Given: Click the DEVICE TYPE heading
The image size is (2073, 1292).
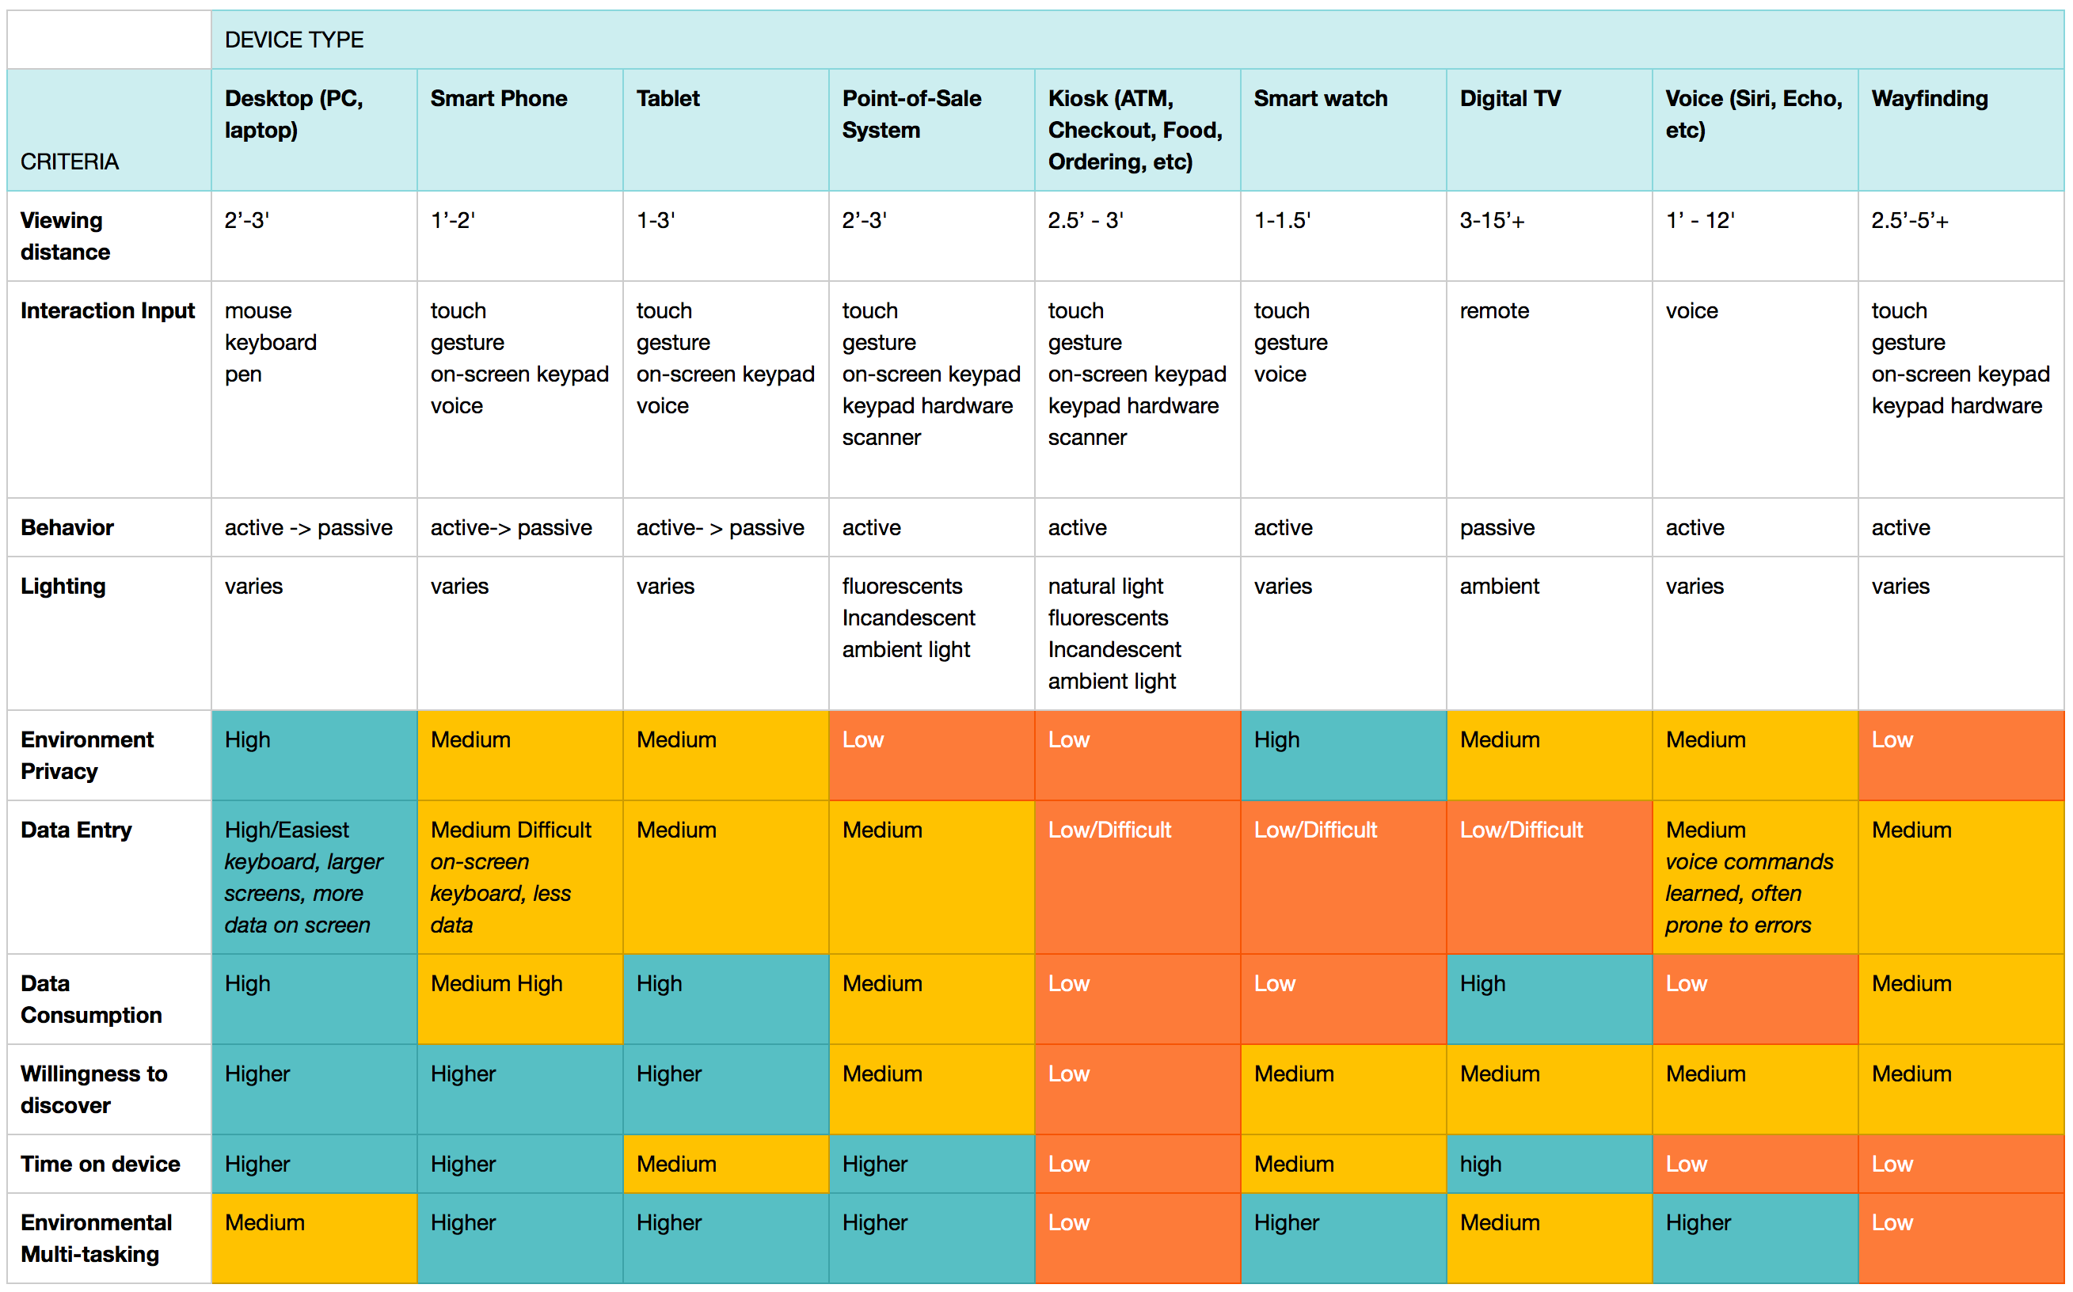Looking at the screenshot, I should pos(293,40).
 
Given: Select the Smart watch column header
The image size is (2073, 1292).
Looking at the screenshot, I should pos(1319,98).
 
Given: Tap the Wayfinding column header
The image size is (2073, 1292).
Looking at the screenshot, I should pos(1929,98).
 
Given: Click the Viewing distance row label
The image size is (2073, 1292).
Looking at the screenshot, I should pos(65,236).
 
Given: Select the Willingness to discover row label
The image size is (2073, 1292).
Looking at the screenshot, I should pos(93,1089).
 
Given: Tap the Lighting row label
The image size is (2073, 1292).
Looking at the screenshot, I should pos(63,586).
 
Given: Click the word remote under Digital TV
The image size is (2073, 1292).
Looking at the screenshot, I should pos(1493,311).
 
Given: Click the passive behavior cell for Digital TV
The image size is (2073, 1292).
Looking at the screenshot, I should pos(1497,527).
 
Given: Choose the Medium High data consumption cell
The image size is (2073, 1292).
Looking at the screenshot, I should pos(496,983).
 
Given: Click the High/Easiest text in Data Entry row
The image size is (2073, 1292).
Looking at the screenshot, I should pos(287,830).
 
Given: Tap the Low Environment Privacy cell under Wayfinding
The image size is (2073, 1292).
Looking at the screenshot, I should pos(1891,740).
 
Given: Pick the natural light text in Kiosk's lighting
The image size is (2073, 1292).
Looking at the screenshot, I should pos(1105,586).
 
